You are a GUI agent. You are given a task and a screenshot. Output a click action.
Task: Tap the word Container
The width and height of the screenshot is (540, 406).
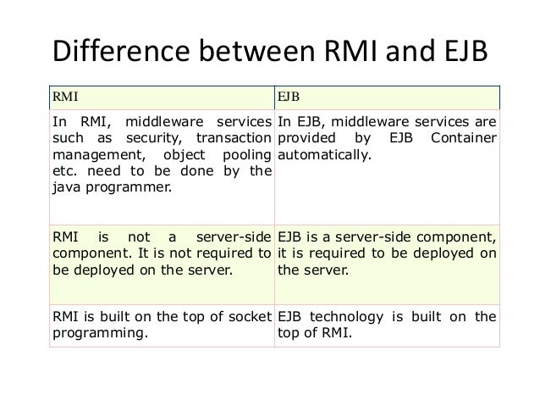pyautogui.click(x=466, y=140)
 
